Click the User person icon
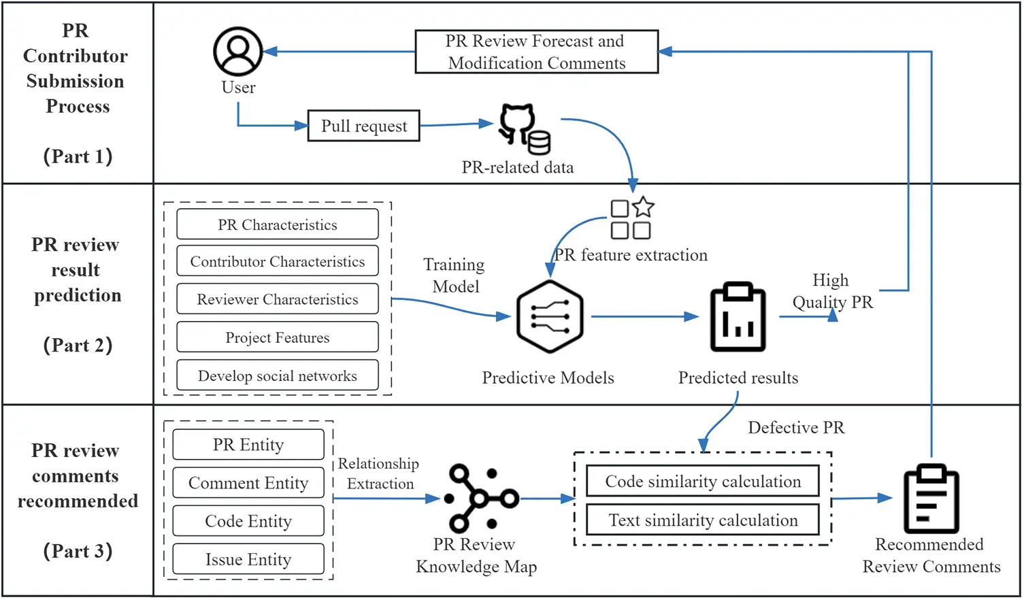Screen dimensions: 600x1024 (x=237, y=52)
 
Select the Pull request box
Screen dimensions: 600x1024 (x=363, y=126)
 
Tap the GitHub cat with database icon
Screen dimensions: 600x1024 (x=524, y=129)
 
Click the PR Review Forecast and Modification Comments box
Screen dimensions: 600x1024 (x=536, y=52)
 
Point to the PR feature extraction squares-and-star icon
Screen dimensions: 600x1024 (x=631, y=218)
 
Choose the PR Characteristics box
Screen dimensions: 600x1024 (x=277, y=224)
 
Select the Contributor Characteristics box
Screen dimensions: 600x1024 (x=277, y=262)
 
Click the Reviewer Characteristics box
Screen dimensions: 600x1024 (x=277, y=299)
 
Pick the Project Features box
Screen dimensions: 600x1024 (x=277, y=337)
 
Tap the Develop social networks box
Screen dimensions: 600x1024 (x=277, y=376)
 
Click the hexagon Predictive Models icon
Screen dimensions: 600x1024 (x=549, y=317)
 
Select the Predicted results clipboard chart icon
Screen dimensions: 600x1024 (x=738, y=317)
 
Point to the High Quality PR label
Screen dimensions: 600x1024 (x=831, y=290)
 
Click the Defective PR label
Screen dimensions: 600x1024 (x=795, y=427)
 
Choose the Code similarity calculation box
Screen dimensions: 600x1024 (x=703, y=482)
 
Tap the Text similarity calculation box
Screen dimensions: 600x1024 (x=703, y=520)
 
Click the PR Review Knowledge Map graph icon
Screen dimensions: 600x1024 (x=479, y=498)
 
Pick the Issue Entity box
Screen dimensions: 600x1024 (x=248, y=559)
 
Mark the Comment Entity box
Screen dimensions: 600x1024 (x=248, y=483)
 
